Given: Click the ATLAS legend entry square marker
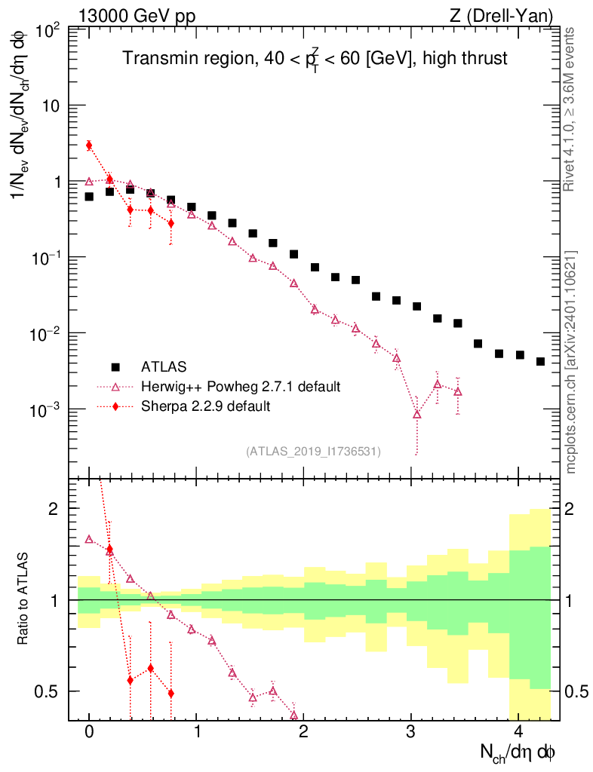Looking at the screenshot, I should pyautogui.click(x=115, y=367).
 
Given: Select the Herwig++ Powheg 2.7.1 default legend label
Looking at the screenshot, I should pyautogui.click(x=241, y=387).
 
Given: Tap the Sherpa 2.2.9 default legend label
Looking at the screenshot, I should pyautogui.click(x=205, y=406).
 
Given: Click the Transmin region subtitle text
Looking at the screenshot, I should pyautogui.click(x=315, y=57).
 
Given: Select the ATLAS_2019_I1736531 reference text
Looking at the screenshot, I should pyautogui.click(x=313, y=452).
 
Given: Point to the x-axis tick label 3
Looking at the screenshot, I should pyautogui.click(x=410, y=731).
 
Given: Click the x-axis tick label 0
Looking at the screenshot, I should pyautogui.click(x=89, y=731).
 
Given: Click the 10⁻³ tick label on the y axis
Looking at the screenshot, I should pyautogui.click(x=47, y=409).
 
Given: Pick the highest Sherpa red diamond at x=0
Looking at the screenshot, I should pyautogui.click(x=89, y=146).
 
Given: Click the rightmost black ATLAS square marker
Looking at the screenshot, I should pyautogui.click(x=540, y=361).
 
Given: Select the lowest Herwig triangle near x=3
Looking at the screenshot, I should pyautogui.click(x=417, y=414).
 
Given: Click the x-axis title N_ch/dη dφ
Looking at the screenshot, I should pyautogui.click(x=520, y=752).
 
